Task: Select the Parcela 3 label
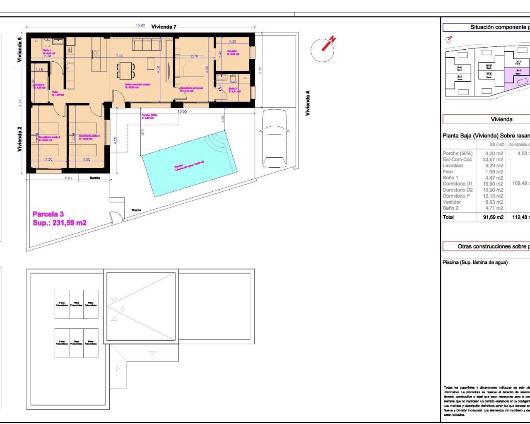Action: (x=48, y=214)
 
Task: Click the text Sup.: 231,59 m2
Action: (x=60, y=223)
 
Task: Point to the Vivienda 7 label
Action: (x=164, y=27)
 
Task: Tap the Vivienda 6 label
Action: (x=19, y=50)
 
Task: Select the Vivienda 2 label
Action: (x=19, y=139)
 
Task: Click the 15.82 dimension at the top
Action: (x=140, y=25)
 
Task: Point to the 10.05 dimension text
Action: (x=182, y=111)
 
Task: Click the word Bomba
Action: (x=95, y=178)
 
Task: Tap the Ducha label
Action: (x=136, y=210)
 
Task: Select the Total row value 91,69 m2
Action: (x=493, y=217)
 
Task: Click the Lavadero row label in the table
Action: (x=453, y=166)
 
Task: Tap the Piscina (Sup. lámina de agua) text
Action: (x=475, y=263)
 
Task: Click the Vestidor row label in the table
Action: (x=452, y=202)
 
